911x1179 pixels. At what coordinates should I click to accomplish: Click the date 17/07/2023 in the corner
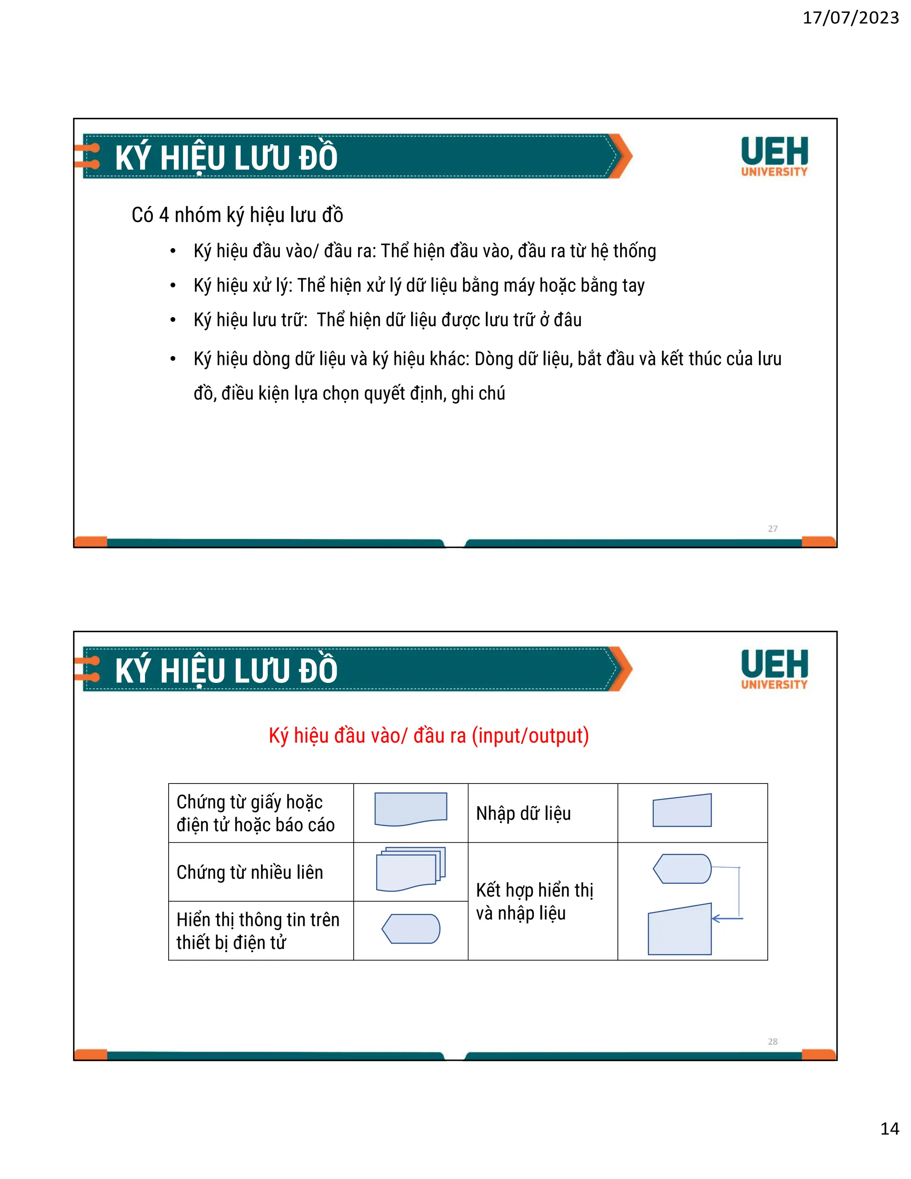click(850, 18)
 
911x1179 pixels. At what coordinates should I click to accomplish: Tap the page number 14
click(889, 1128)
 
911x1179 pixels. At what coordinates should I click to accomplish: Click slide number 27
click(772, 529)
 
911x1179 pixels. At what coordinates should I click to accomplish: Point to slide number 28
click(772, 1042)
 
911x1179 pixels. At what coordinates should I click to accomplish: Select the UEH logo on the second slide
click(774, 669)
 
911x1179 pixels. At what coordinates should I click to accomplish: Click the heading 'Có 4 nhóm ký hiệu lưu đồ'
click(237, 215)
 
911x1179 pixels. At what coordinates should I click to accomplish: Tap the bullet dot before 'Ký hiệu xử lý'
click(173, 286)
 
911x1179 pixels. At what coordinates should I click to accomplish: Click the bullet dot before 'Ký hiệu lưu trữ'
click(173, 320)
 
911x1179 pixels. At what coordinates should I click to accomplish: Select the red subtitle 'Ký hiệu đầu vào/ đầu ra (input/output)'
click(428, 736)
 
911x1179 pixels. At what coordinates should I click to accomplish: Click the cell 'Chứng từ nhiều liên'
click(250, 872)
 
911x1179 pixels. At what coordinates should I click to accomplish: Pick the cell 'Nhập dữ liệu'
click(523, 813)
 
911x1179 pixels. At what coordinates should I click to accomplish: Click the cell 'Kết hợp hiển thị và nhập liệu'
click(534, 901)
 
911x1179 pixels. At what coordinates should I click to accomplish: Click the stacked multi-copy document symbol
click(411, 869)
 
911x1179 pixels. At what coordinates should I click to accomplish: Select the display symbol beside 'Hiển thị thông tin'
click(411, 929)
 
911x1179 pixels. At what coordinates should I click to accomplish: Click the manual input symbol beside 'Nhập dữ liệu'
click(682, 811)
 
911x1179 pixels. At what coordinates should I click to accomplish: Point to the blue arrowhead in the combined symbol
click(716, 918)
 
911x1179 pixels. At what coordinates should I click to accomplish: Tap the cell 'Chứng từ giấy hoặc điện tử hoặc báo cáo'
click(255, 813)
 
